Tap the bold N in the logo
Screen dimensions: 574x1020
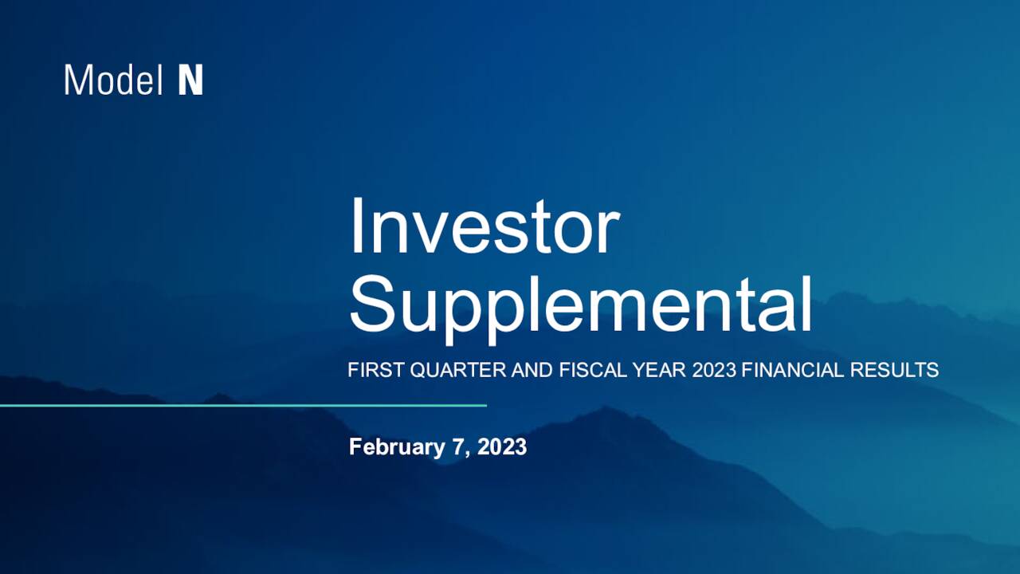(190, 81)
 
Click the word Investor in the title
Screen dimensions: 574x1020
(484, 226)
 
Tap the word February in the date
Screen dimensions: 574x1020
(394, 447)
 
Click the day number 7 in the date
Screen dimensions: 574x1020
(457, 447)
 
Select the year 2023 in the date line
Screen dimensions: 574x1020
(502, 447)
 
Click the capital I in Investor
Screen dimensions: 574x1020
(356, 226)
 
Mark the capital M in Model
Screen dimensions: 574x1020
(76, 81)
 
